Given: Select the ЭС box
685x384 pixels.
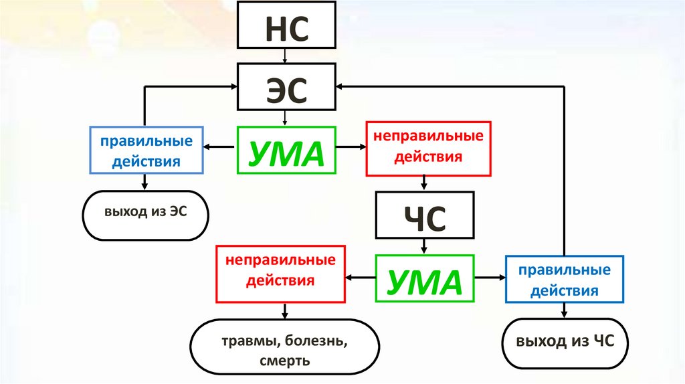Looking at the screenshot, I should click(x=286, y=87).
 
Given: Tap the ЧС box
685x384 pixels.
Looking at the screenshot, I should click(x=425, y=215).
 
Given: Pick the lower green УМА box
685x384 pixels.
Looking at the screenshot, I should click(x=425, y=278).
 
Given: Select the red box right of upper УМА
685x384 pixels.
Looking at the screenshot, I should click(x=427, y=148).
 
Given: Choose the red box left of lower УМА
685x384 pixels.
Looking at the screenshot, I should click(x=280, y=273).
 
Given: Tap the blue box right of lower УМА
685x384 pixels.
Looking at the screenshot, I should click(x=565, y=280).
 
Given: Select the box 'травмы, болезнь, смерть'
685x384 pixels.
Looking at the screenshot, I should click(x=285, y=351).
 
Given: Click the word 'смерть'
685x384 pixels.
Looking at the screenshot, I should click(x=285, y=361).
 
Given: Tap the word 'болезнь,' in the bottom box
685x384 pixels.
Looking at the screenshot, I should click(x=316, y=342).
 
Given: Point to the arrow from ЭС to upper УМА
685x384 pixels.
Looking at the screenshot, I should click(x=286, y=118).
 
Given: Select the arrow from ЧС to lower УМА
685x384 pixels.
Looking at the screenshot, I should click(x=425, y=246).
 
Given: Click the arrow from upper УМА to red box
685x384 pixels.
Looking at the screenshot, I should click(x=350, y=147).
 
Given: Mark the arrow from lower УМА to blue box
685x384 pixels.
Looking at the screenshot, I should click(x=489, y=277).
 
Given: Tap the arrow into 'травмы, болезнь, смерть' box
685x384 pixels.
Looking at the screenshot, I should click(x=286, y=310).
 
